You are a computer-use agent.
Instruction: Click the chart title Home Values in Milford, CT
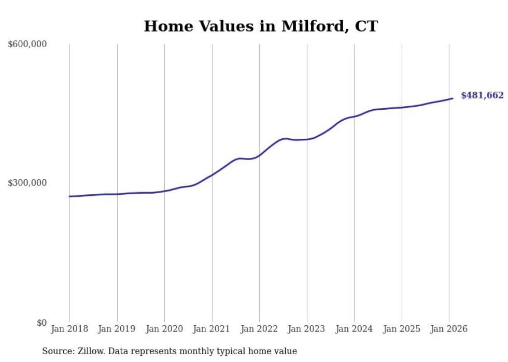click(x=261, y=26)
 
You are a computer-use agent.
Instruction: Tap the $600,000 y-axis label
click(x=27, y=44)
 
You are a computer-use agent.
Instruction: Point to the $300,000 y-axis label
click(x=27, y=183)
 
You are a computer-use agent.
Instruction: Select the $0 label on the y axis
click(x=41, y=323)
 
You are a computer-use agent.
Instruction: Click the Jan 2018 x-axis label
click(x=69, y=329)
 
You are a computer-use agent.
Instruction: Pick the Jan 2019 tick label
click(x=117, y=329)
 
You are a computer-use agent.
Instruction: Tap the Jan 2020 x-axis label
click(x=164, y=329)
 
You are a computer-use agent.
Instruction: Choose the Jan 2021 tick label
click(x=212, y=329)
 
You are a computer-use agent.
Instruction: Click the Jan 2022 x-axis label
click(x=259, y=329)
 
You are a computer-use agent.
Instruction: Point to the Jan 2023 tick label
click(x=307, y=329)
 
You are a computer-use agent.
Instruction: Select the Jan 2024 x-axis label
click(x=354, y=329)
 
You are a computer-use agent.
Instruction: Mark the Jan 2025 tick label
click(x=402, y=329)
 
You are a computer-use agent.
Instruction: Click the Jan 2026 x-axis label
click(x=449, y=329)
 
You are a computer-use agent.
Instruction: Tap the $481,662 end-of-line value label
click(x=482, y=95)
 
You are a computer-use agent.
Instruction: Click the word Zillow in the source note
click(x=88, y=351)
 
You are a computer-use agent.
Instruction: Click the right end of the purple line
click(x=453, y=98)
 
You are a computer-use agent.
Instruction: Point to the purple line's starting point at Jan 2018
click(x=70, y=196)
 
